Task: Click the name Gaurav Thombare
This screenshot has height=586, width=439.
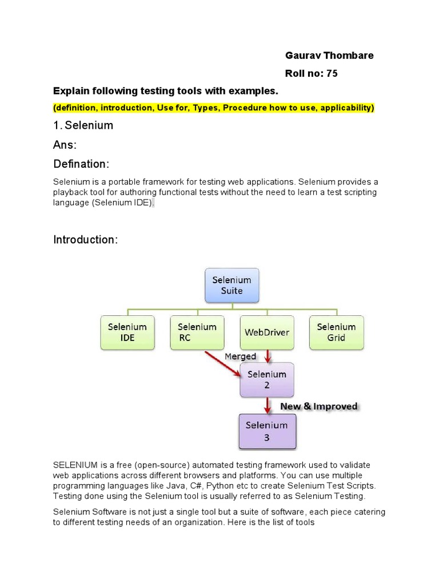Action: click(x=329, y=56)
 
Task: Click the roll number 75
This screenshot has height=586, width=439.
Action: click(x=332, y=73)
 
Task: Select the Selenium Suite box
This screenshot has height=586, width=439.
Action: click(x=232, y=286)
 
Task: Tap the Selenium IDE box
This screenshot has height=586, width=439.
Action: click(x=127, y=332)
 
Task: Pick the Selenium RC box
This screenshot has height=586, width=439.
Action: click(x=197, y=332)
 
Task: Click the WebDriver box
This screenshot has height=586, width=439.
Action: click(x=267, y=332)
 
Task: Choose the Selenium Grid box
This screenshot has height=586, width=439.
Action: click(x=336, y=332)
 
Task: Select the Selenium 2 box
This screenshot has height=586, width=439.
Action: click(x=266, y=380)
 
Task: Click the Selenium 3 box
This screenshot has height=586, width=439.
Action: click(x=266, y=431)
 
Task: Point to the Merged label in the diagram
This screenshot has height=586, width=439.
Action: click(x=240, y=357)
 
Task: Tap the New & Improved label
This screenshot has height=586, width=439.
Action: click(x=318, y=406)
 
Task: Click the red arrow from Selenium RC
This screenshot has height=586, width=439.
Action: click(x=223, y=364)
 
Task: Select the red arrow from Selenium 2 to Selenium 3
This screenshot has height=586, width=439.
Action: click(x=267, y=405)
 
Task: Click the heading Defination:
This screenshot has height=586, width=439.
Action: click(x=81, y=164)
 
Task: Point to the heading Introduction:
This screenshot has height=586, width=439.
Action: click(x=86, y=240)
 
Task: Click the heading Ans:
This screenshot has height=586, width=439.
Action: click(x=65, y=145)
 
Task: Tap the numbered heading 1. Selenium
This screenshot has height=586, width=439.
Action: click(x=83, y=125)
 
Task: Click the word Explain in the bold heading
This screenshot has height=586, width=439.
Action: click(x=69, y=91)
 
